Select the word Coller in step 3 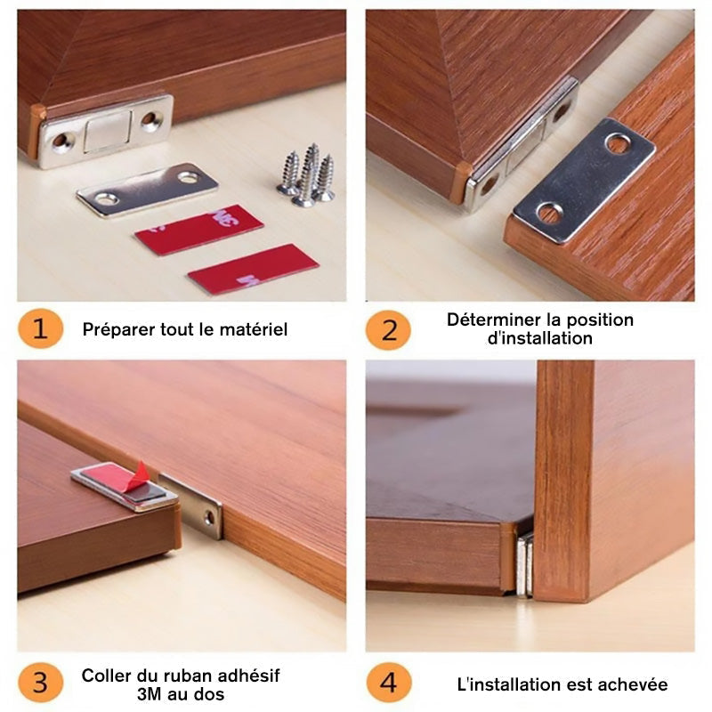(x=105, y=676)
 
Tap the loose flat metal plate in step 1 (x=147, y=188)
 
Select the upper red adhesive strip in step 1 (x=198, y=230)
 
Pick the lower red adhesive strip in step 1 (x=253, y=269)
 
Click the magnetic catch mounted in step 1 (x=107, y=131)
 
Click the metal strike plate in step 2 (x=583, y=179)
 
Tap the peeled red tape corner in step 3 (x=138, y=476)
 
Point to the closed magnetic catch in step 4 (x=524, y=563)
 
